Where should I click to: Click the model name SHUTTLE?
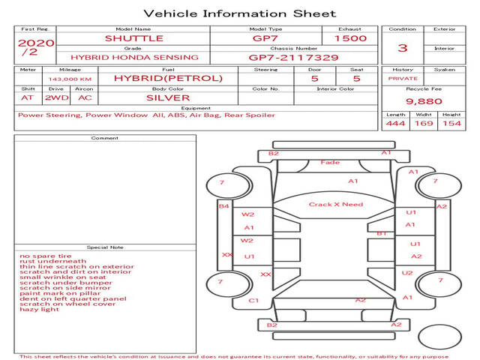pyautogui.click(x=134, y=38)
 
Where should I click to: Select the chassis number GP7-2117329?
pyautogui.click(x=293, y=58)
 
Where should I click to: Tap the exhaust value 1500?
pyautogui.click(x=350, y=38)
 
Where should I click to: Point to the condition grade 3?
pyautogui.click(x=403, y=48)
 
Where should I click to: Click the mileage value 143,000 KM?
pyautogui.click(x=70, y=79)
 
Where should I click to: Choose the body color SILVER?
pyautogui.click(x=168, y=97)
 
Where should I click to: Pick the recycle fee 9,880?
pyautogui.click(x=424, y=101)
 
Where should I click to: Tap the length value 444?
pyautogui.click(x=395, y=123)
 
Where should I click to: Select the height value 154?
pyautogui.click(x=451, y=123)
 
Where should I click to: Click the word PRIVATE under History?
pyautogui.click(x=403, y=79)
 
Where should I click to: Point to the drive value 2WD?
pyautogui.click(x=57, y=97)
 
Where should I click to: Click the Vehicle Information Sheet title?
pyautogui.click(x=240, y=13)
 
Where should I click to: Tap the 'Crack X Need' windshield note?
pyautogui.click(x=336, y=204)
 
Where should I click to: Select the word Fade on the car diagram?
pyautogui.click(x=330, y=162)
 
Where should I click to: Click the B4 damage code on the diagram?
pyautogui.click(x=223, y=206)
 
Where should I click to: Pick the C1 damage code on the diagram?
pyautogui.click(x=253, y=301)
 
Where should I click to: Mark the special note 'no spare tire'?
pyautogui.click(x=46, y=256)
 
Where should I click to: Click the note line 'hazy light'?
pyautogui.click(x=40, y=309)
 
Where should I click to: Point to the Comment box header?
pyautogui.click(x=105, y=138)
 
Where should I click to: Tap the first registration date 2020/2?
pyautogui.click(x=36, y=46)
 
